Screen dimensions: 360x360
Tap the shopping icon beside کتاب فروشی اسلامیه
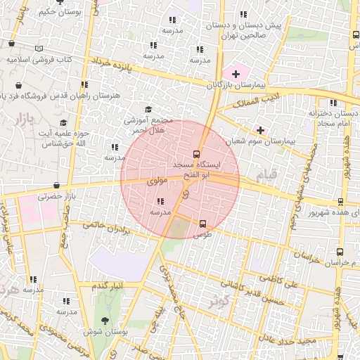click(11, 44)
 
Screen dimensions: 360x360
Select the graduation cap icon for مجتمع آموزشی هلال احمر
click(148, 109)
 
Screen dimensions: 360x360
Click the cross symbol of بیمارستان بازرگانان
click(235, 74)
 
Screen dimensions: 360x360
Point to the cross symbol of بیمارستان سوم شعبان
click(260, 130)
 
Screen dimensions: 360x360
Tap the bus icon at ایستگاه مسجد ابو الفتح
click(196, 155)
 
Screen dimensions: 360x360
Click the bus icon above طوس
click(203, 224)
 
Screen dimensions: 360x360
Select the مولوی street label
click(157, 181)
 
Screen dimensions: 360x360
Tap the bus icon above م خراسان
click(340, 251)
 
